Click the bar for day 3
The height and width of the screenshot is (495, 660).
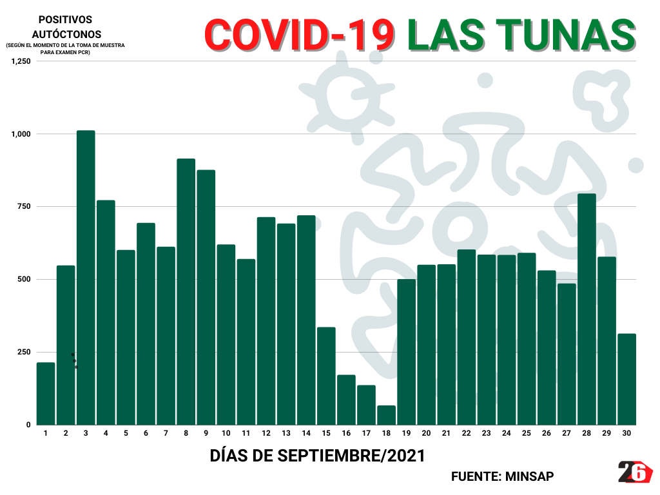[86, 277]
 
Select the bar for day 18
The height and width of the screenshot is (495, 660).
[386, 415]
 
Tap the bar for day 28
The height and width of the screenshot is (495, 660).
[587, 309]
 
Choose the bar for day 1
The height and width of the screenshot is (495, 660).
[46, 393]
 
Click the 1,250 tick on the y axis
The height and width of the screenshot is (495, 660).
[21, 61]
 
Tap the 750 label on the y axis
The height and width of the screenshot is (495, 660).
[24, 207]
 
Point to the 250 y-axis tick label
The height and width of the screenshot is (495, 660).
[24, 352]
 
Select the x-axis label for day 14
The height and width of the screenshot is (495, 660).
[306, 434]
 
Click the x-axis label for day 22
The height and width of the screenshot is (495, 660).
[467, 434]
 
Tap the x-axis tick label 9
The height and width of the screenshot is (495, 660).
[206, 434]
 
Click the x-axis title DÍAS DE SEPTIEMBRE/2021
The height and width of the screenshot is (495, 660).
[318, 456]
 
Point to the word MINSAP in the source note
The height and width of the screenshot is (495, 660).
[529, 476]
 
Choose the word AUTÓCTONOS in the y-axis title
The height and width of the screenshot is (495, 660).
[66, 34]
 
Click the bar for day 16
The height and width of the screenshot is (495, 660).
[346, 400]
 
